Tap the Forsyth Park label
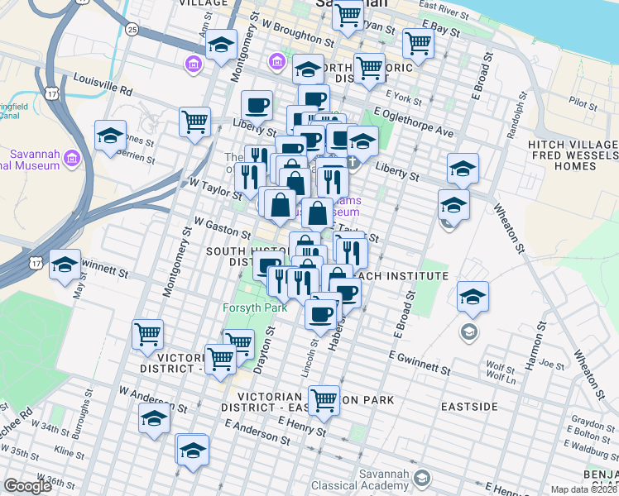[x=254, y=308]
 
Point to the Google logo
[x=27, y=486]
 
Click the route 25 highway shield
[x=132, y=30]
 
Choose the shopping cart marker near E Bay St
[x=418, y=44]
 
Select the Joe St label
[x=545, y=363]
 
